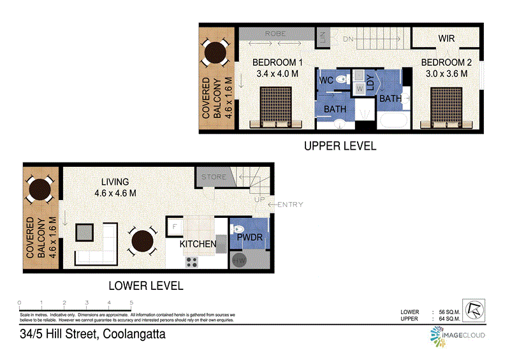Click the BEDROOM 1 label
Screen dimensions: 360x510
point(277,62)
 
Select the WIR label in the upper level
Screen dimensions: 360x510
point(446,39)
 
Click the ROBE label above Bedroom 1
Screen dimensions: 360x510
point(275,33)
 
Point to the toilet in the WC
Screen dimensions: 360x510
point(342,81)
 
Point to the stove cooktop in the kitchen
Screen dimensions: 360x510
point(191,261)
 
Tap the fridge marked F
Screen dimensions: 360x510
point(174,226)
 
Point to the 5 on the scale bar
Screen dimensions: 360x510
point(131,303)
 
